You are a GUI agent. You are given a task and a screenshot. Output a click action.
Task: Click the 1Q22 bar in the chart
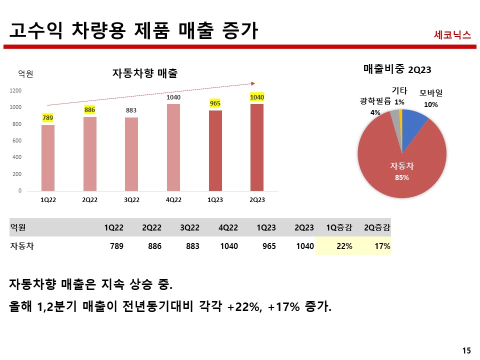48,158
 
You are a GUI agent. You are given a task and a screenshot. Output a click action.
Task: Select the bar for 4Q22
173,147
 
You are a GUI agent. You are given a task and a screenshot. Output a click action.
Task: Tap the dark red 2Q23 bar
257,147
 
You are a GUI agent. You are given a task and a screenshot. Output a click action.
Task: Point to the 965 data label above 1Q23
215,103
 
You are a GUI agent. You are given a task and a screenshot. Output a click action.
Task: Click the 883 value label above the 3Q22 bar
131,110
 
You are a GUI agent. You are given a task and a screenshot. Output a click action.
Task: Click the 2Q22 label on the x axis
90,200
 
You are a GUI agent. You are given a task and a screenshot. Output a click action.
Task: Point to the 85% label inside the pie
402,177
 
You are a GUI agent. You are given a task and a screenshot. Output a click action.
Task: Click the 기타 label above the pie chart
399,90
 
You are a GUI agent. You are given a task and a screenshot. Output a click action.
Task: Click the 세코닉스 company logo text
452,35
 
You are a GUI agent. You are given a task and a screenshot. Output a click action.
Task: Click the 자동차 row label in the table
21,246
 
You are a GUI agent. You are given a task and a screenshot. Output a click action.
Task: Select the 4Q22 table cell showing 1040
228,246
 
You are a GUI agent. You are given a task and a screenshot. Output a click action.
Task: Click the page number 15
466,350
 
